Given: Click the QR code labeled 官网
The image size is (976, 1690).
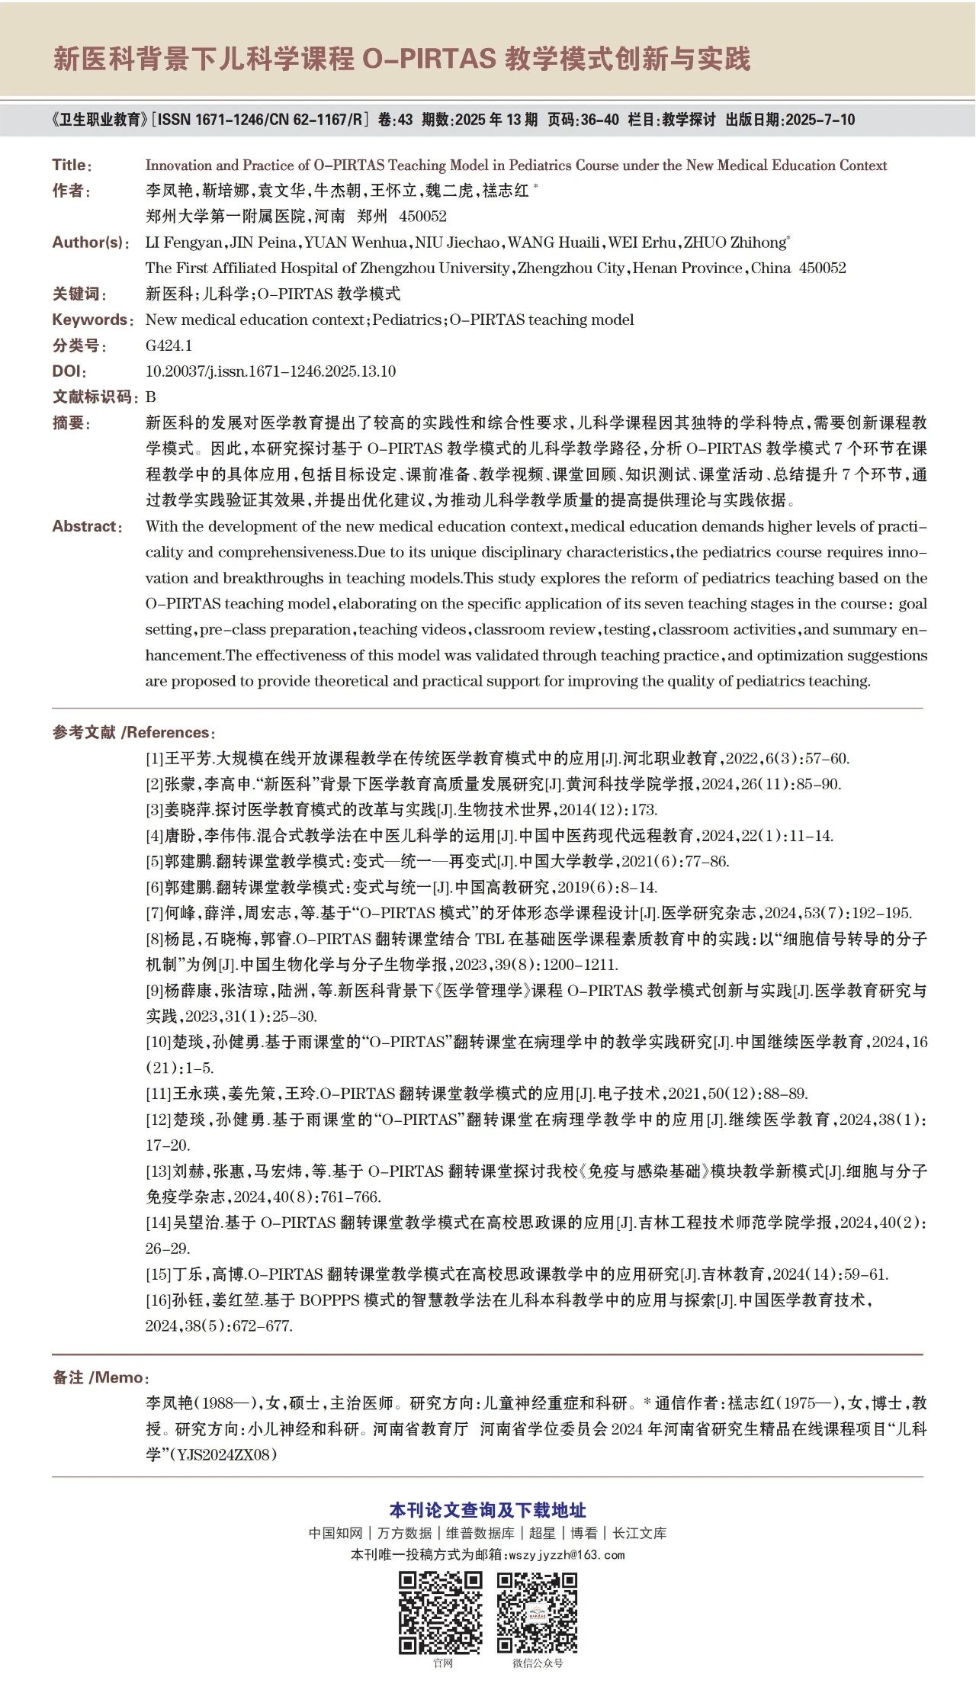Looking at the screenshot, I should click(441, 1612).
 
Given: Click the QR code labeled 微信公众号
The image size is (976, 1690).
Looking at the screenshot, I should click(538, 1612).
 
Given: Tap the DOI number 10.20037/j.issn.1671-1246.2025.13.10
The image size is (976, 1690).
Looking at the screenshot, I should click(271, 371).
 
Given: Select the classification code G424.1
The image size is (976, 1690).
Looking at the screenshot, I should click(169, 345).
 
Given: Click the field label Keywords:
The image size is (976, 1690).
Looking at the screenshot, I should click(92, 320).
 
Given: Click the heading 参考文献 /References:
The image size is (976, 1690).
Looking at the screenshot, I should click(133, 733).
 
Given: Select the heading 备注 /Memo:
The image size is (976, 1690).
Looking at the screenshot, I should click(101, 1377).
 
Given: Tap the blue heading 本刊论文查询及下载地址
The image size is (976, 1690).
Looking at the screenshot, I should click(488, 1510).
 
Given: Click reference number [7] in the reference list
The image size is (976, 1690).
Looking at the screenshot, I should click(155, 913).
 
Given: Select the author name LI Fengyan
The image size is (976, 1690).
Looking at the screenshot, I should click(184, 243).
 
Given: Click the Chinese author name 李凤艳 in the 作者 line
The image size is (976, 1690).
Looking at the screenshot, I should click(169, 191).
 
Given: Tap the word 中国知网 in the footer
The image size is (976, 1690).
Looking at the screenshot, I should click(335, 1533).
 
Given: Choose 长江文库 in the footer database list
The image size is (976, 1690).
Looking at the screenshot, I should click(640, 1533).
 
